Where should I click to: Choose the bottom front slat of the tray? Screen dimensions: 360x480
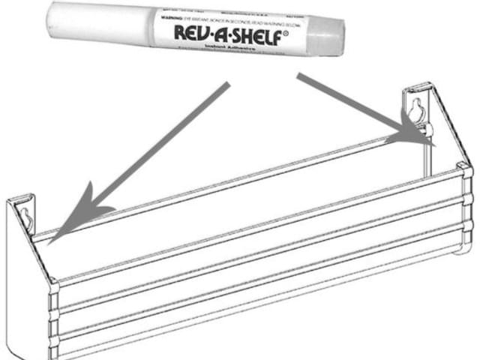(255, 300)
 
